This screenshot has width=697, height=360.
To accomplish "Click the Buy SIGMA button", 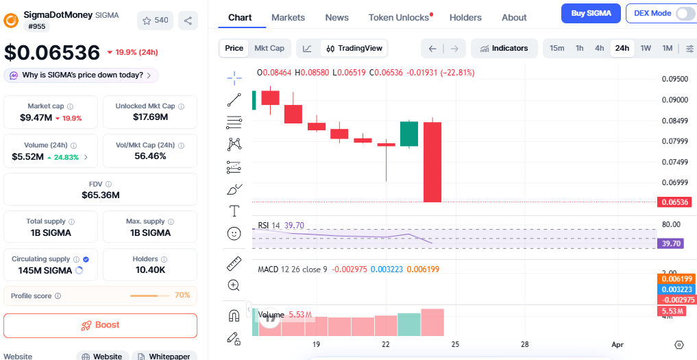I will (x=591, y=13).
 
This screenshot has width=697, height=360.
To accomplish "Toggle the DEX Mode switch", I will (x=684, y=13).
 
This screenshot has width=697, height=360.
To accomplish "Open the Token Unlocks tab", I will (x=400, y=17).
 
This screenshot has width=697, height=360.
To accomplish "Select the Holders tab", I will (x=465, y=17).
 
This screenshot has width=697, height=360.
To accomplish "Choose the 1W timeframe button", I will (x=646, y=48).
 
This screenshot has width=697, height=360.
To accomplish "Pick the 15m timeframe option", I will (x=557, y=48).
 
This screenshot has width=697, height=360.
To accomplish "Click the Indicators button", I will (x=504, y=48).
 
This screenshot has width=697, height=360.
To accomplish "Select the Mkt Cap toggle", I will (x=269, y=48).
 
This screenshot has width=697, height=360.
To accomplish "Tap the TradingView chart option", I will (x=354, y=48).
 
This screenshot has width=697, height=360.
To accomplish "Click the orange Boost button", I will (x=100, y=325).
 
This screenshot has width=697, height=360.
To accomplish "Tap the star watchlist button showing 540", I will (x=155, y=21).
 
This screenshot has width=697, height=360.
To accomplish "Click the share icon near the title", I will (x=188, y=21).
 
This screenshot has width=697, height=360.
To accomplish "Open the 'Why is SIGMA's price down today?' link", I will (x=82, y=75).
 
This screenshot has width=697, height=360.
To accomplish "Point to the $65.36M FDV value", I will (x=100, y=195).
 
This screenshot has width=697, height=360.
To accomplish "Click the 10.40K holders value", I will (x=150, y=270).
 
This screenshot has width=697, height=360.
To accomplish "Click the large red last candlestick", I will (x=432, y=162).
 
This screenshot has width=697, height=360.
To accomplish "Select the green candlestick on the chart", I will (x=409, y=134).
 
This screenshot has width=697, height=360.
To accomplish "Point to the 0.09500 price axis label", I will (x=674, y=79).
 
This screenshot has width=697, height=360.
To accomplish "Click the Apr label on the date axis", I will (x=617, y=344).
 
